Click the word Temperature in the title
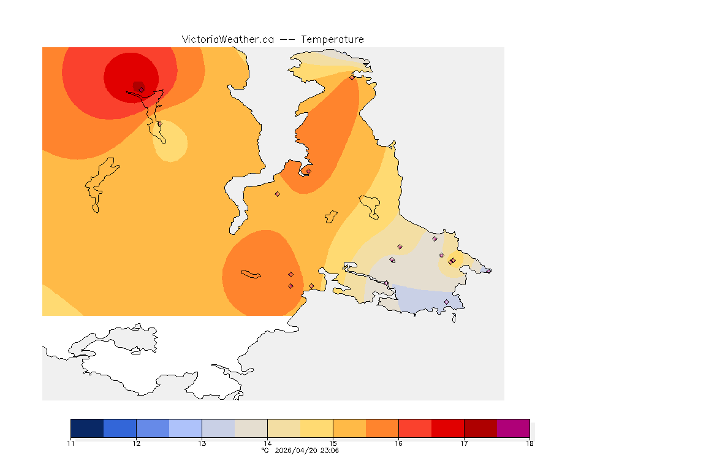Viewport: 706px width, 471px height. (x=333, y=39)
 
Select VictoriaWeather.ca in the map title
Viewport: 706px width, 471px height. (x=227, y=39)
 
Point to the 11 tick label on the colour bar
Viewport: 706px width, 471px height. (x=71, y=443)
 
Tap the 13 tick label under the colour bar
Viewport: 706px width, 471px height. (x=202, y=443)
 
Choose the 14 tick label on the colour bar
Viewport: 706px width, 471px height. (x=267, y=443)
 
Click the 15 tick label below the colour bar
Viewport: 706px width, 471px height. (x=333, y=443)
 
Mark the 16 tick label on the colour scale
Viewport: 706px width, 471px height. (x=398, y=443)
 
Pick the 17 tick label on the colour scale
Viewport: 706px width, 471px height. (x=464, y=443)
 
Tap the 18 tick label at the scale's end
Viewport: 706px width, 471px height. (x=529, y=443)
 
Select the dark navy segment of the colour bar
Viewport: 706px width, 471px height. (x=87, y=428)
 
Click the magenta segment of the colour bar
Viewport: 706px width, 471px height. (x=513, y=428)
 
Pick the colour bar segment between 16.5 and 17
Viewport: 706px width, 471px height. (x=447, y=428)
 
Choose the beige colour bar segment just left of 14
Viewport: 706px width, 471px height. (x=251, y=428)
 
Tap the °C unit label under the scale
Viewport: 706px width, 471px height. (x=265, y=450)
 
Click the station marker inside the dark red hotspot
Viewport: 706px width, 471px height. (x=141, y=90)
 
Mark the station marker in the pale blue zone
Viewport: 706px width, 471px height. (x=446, y=302)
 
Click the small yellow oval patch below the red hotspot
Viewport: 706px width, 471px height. (x=170, y=140)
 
